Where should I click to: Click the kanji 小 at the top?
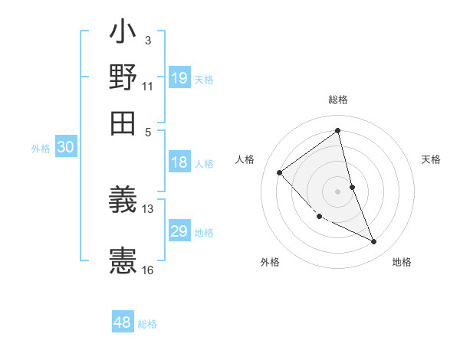tap(123, 34)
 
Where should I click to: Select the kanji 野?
tap(123, 78)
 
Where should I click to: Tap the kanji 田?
tap(123, 122)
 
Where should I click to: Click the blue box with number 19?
tap(179, 78)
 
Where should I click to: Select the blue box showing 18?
tap(179, 162)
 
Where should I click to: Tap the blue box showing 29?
tap(179, 231)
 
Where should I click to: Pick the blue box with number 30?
tap(65, 148)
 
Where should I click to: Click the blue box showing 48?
tap(123, 322)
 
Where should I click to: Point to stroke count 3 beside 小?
tap(147, 40)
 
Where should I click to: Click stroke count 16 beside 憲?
tap(147, 270)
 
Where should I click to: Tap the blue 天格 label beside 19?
tap(204, 79)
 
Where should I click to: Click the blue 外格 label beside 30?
tap(41, 149)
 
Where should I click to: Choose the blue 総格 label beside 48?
tap(147, 324)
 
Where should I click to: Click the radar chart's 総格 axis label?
tap(338, 100)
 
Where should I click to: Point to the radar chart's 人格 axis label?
tap(245, 159)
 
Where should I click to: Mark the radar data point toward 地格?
tap(374, 242)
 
